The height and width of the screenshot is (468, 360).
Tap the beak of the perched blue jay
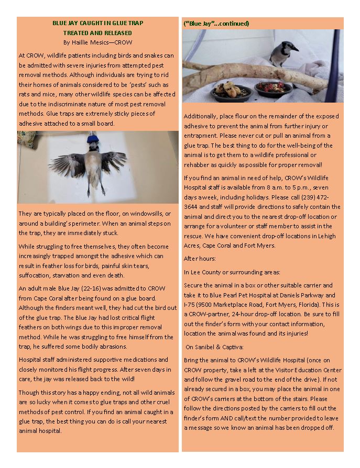(296, 50)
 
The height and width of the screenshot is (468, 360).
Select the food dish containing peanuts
(232, 91)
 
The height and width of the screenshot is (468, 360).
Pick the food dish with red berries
(274, 87)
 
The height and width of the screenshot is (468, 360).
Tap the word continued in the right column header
(235, 24)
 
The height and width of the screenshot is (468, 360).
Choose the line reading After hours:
(197, 259)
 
